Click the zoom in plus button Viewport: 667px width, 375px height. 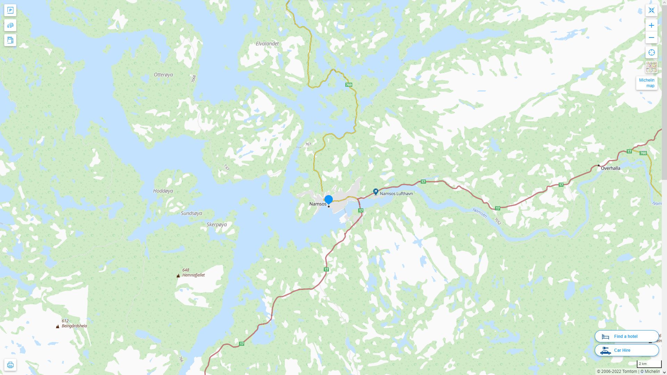(x=651, y=25)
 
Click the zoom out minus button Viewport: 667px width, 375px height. (x=651, y=37)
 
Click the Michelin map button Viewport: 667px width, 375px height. (x=647, y=83)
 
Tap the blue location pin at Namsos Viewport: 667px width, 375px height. (x=328, y=200)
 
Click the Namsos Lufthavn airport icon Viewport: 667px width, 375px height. (x=376, y=191)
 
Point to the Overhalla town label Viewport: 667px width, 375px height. (x=610, y=168)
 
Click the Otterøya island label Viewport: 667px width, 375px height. (x=163, y=75)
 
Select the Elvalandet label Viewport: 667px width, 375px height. (x=267, y=44)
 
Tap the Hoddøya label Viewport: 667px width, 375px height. (x=163, y=191)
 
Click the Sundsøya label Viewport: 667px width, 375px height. (x=191, y=213)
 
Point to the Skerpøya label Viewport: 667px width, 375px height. (x=217, y=224)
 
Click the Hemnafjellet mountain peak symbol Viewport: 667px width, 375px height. (x=178, y=276)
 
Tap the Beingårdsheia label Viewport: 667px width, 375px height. (x=74, y=326)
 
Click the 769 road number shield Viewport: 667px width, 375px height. (x=349, y=85)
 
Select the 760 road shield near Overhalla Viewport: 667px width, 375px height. (x=643, y=153)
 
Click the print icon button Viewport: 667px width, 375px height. (x=10, y=365)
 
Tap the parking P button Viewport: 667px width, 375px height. (x=10, y=10)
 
